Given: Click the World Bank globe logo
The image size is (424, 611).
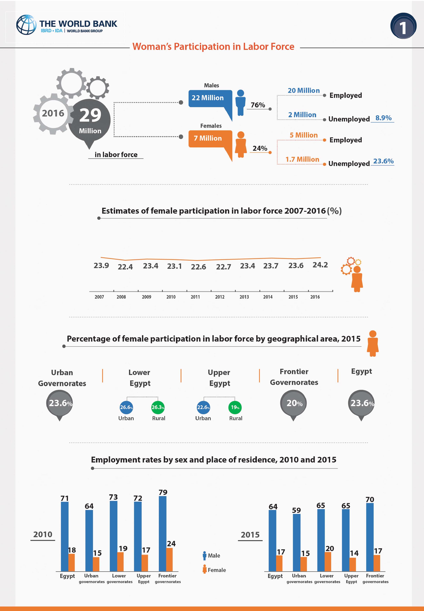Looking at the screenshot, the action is click(26, 25).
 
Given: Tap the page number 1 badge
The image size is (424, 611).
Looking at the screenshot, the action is click(403, 26).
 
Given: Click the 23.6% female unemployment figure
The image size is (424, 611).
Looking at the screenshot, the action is click(383, 161).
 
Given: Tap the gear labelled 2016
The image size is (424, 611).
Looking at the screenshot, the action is click(53, 114).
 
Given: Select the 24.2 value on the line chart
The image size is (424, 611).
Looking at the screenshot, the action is click(320, 265).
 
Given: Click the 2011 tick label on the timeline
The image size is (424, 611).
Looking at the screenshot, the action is click(195, 297).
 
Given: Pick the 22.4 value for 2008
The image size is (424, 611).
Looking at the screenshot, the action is click(125, 267).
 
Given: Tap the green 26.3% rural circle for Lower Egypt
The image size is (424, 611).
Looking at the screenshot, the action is click(158, 407).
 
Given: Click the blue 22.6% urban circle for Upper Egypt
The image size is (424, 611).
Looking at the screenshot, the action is click(203, 407).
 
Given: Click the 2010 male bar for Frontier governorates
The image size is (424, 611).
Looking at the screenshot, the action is click(163, 534).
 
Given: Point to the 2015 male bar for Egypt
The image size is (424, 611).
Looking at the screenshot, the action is click(272, 541).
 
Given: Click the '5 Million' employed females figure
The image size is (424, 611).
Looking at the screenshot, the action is click(304, 135).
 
